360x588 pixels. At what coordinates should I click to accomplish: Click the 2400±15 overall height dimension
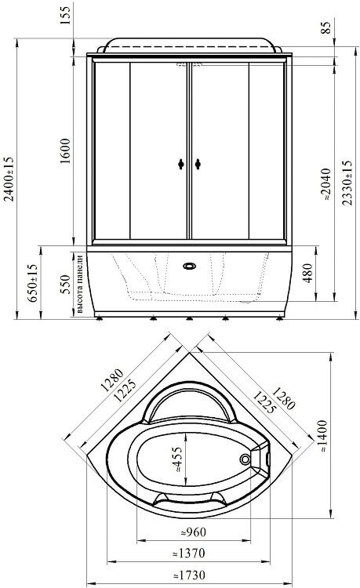[9, 179]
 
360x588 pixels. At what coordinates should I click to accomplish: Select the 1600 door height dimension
[65, 151]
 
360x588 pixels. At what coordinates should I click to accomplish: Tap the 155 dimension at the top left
[65, 16]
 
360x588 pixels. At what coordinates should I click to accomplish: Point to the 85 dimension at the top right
[326, 27]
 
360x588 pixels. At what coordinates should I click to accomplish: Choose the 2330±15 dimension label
[347, 183]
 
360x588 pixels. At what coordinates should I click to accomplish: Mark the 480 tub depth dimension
[307, 273]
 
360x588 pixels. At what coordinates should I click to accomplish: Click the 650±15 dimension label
[32, 283]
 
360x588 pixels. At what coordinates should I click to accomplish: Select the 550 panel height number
[65, 285]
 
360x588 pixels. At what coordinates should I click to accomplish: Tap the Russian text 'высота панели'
[80, 284]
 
